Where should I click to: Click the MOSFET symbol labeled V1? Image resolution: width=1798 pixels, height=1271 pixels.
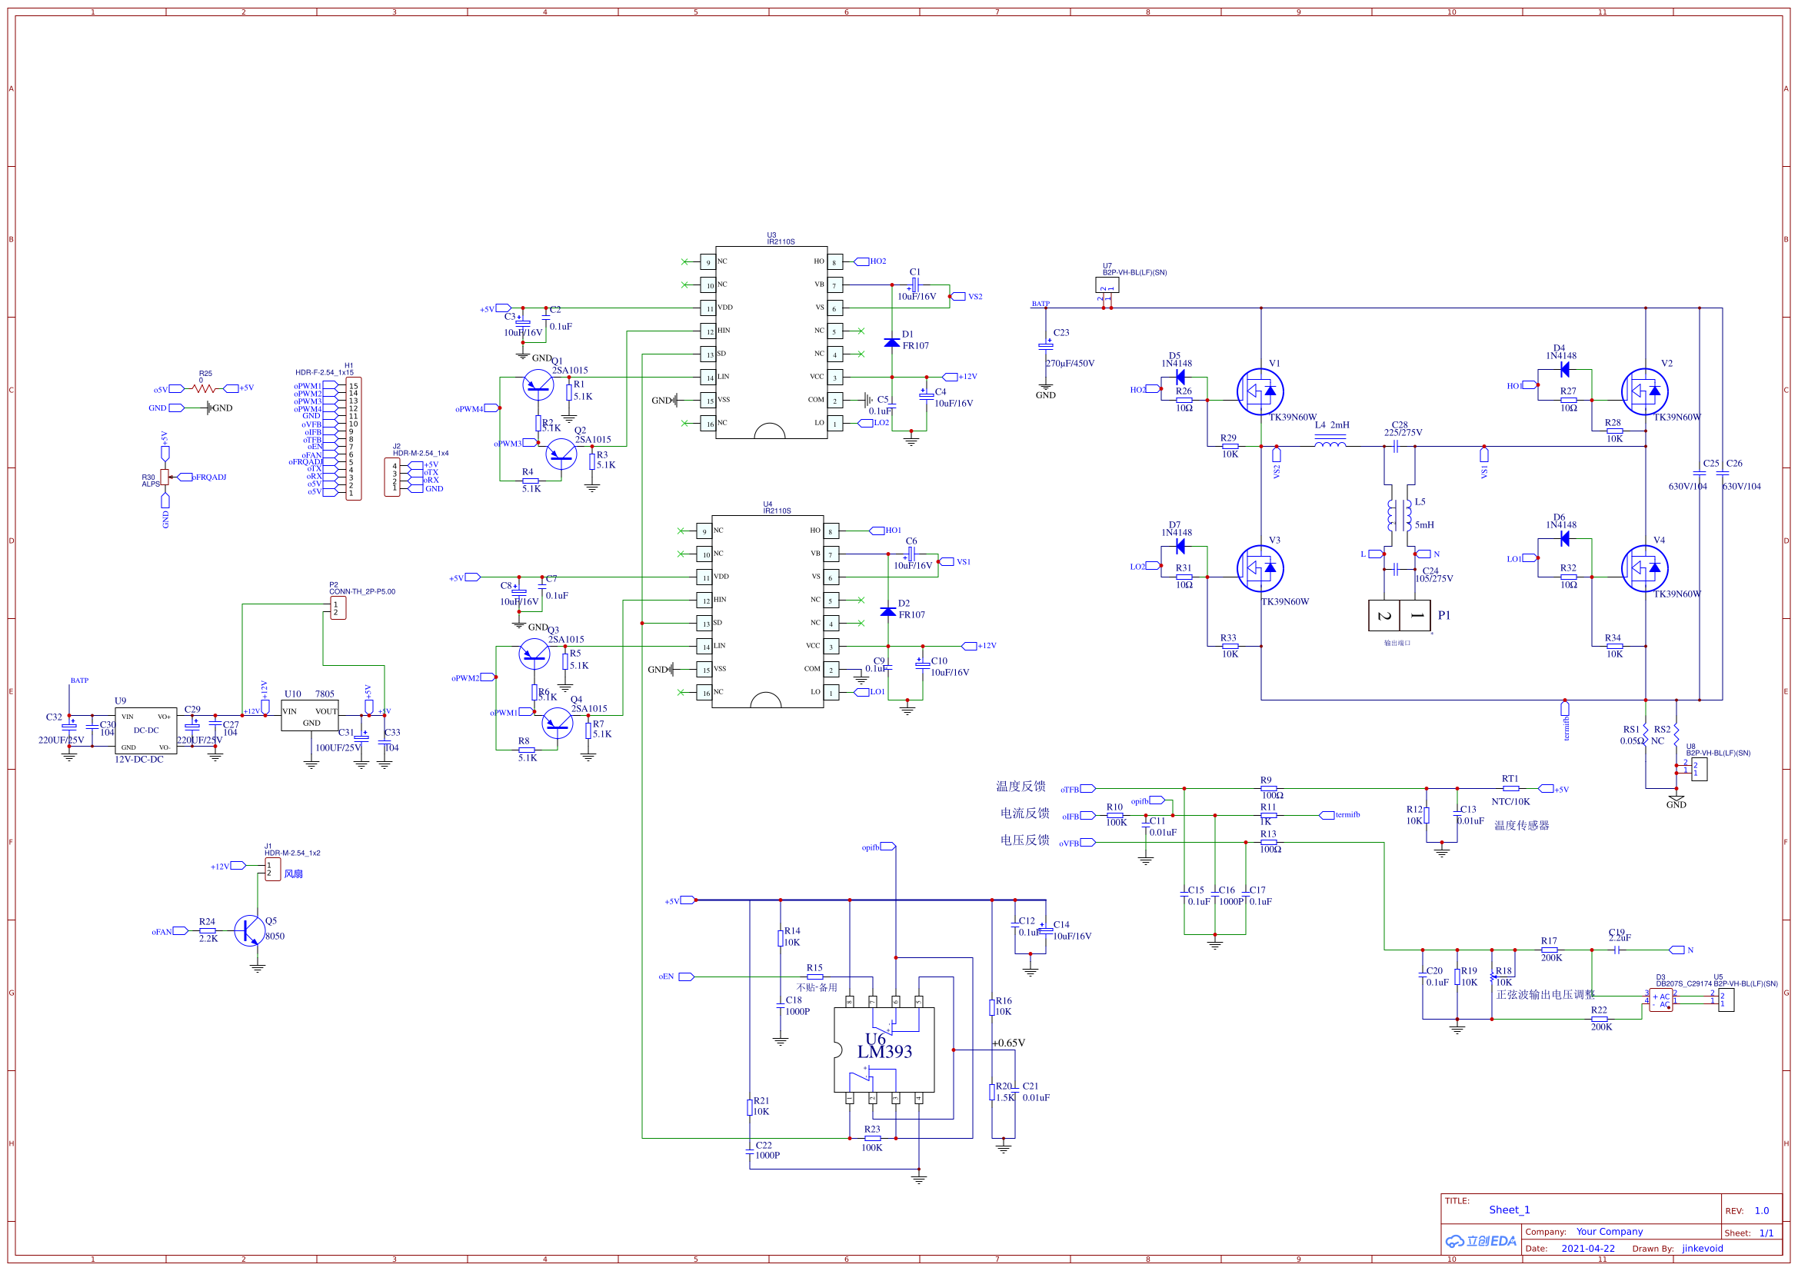[x=1260, y=391]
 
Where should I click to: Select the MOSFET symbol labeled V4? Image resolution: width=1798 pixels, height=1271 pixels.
[x=1644, y=568]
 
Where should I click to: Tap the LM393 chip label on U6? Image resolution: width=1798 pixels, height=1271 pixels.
[x=885, y=1052]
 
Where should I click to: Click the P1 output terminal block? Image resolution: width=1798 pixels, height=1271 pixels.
[x=1400, y=616]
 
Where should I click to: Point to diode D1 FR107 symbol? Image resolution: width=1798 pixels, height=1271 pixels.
[x=891, y=342]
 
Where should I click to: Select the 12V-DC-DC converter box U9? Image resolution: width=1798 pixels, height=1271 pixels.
[x=145, y=730]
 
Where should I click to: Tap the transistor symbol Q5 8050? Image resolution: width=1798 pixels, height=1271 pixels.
[x=250, y=930]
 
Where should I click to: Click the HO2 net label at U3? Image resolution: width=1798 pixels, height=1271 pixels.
[x=878, y=261]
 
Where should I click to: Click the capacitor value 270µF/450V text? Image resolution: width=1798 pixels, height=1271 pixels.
[x=1070, y=364]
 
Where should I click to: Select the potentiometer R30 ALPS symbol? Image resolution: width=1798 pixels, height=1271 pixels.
[x=165, y=477]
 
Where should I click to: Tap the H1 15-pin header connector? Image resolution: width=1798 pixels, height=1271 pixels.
[x=353, y=438]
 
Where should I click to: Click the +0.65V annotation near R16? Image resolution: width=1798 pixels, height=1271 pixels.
[x=1009, y=1043]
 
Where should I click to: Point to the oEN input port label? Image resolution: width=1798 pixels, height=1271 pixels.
[x=666, y=977]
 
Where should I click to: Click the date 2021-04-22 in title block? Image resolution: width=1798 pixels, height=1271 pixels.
[x=1588, y=1248]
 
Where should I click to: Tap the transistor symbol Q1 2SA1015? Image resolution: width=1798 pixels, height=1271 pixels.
[x=538, y=384]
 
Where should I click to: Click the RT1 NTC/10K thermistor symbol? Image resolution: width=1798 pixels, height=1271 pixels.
[x=1510, y=789]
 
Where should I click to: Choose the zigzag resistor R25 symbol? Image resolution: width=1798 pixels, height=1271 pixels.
[x=204, y=388]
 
